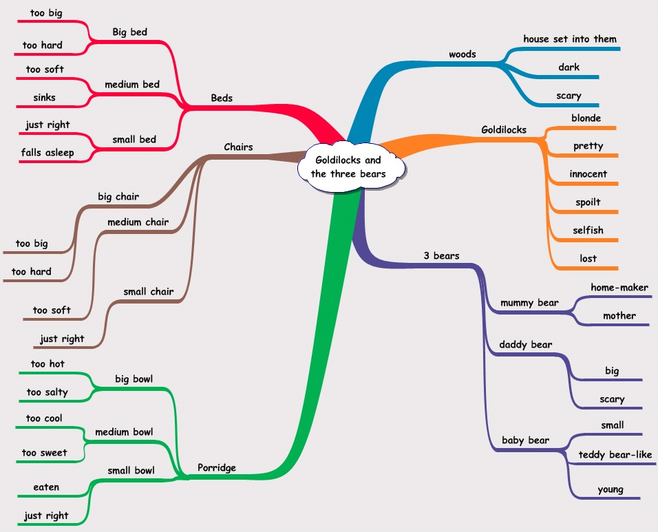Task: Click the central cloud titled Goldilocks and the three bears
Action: click(348, 167)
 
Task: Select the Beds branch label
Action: click(222, 98)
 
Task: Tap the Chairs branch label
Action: click(238, 147)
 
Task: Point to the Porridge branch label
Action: click(217, 468)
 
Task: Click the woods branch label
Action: click(462, 54)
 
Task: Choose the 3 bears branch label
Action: click(441, 256)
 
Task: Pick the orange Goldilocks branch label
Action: click(503, 130)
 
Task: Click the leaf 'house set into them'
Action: click(570, 39)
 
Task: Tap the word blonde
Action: click(586, 118)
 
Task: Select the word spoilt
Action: click(588, 202)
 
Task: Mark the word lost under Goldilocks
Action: click(588, 259)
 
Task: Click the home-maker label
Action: click(619, 288)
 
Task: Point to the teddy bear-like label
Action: click(615, 454)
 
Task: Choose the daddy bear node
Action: click(526, 344)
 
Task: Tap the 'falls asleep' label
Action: click(47, 153)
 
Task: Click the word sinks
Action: click(45, 98)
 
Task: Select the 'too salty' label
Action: click(47, 392)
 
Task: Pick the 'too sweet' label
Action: click(45, 453)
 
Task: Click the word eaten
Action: click(46, 487)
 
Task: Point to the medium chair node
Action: click(134, 222)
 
